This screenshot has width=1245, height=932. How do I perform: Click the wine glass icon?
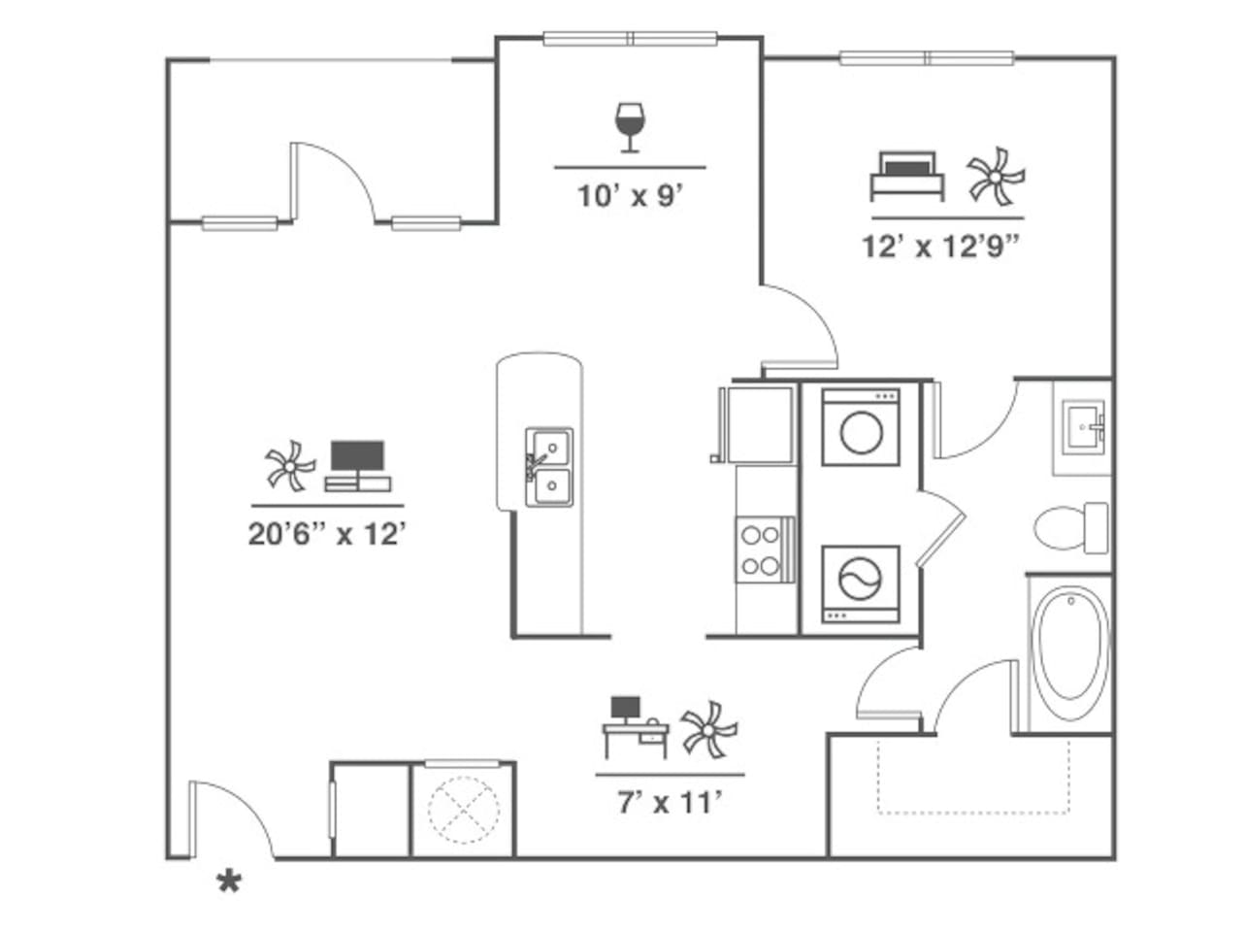[x=630, y=127]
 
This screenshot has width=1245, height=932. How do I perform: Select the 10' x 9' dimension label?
[x=631, y=197]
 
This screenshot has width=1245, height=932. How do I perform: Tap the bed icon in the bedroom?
[x=907, y=176]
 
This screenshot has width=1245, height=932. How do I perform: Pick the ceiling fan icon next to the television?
[x=290, y=467]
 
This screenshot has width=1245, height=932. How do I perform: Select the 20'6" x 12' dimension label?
[x=326, y=534]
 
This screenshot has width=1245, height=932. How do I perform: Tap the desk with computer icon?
[x=636, y=727]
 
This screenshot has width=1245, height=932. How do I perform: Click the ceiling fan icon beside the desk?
[x=708, y=729]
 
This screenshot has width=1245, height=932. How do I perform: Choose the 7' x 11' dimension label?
[x=670, y=803]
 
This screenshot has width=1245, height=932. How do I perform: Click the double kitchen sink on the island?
[x=549, y=468]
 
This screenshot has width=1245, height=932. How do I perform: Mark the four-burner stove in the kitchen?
[x=760, y=549]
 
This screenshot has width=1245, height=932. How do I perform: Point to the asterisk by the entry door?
[x=229, y=882]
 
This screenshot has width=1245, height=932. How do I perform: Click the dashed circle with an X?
[x=463, y=810]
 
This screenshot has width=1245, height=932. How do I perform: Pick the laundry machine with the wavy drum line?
[x=861, y=582]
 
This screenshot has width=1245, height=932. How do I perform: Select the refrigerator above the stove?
[x=757, y=424]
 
